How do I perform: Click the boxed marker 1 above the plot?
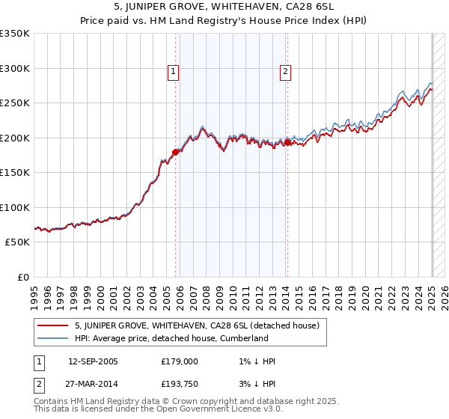(x=173, y=72)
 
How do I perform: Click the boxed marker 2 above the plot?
(x=286, y=72)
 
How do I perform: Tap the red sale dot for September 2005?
(x=176, y=152)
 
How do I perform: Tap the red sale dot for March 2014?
(x=287, y=142)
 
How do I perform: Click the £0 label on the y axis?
(x=23, y=277)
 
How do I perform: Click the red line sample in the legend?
(x=52, y=325)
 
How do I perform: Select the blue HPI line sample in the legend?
(x=52, y=338)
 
